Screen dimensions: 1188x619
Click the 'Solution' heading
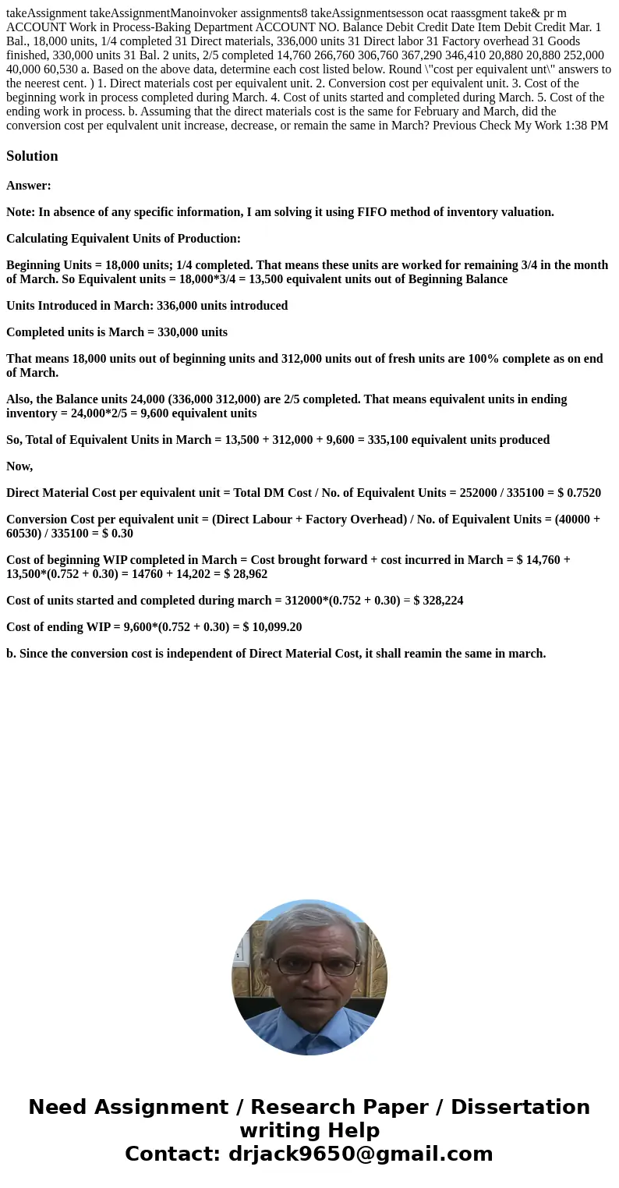pyautogui.click(x=32, y=156)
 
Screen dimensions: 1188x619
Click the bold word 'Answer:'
pyautogui.click(x=29, y=186)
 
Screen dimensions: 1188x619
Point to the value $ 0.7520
pyautogui.click(x=579, y=493)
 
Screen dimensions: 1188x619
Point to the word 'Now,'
pyautogui.click(x=19, y=466)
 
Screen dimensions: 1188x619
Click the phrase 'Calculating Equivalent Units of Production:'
pyautogui.click(x=123, y=239)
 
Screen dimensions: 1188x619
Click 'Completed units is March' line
pyautogui.click(x=117, y=332)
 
